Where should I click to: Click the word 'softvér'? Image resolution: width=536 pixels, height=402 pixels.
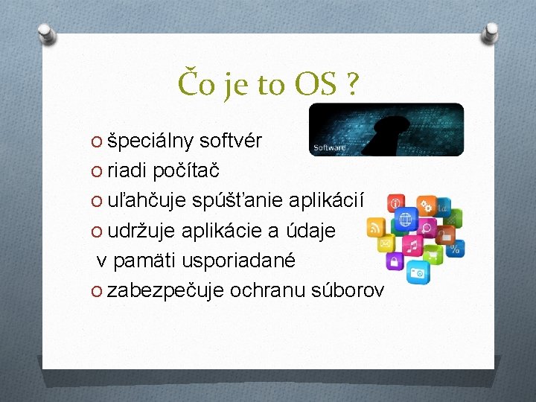(231, 141)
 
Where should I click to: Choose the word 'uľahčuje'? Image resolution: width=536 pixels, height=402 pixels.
(147, 201)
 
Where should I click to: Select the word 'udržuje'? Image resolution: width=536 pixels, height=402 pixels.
(141, 231)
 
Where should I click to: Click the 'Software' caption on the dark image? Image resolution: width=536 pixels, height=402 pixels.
(329, 148)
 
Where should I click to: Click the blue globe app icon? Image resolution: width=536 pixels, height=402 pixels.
(406, 220)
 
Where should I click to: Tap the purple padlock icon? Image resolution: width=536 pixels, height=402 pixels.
(392, 261)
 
